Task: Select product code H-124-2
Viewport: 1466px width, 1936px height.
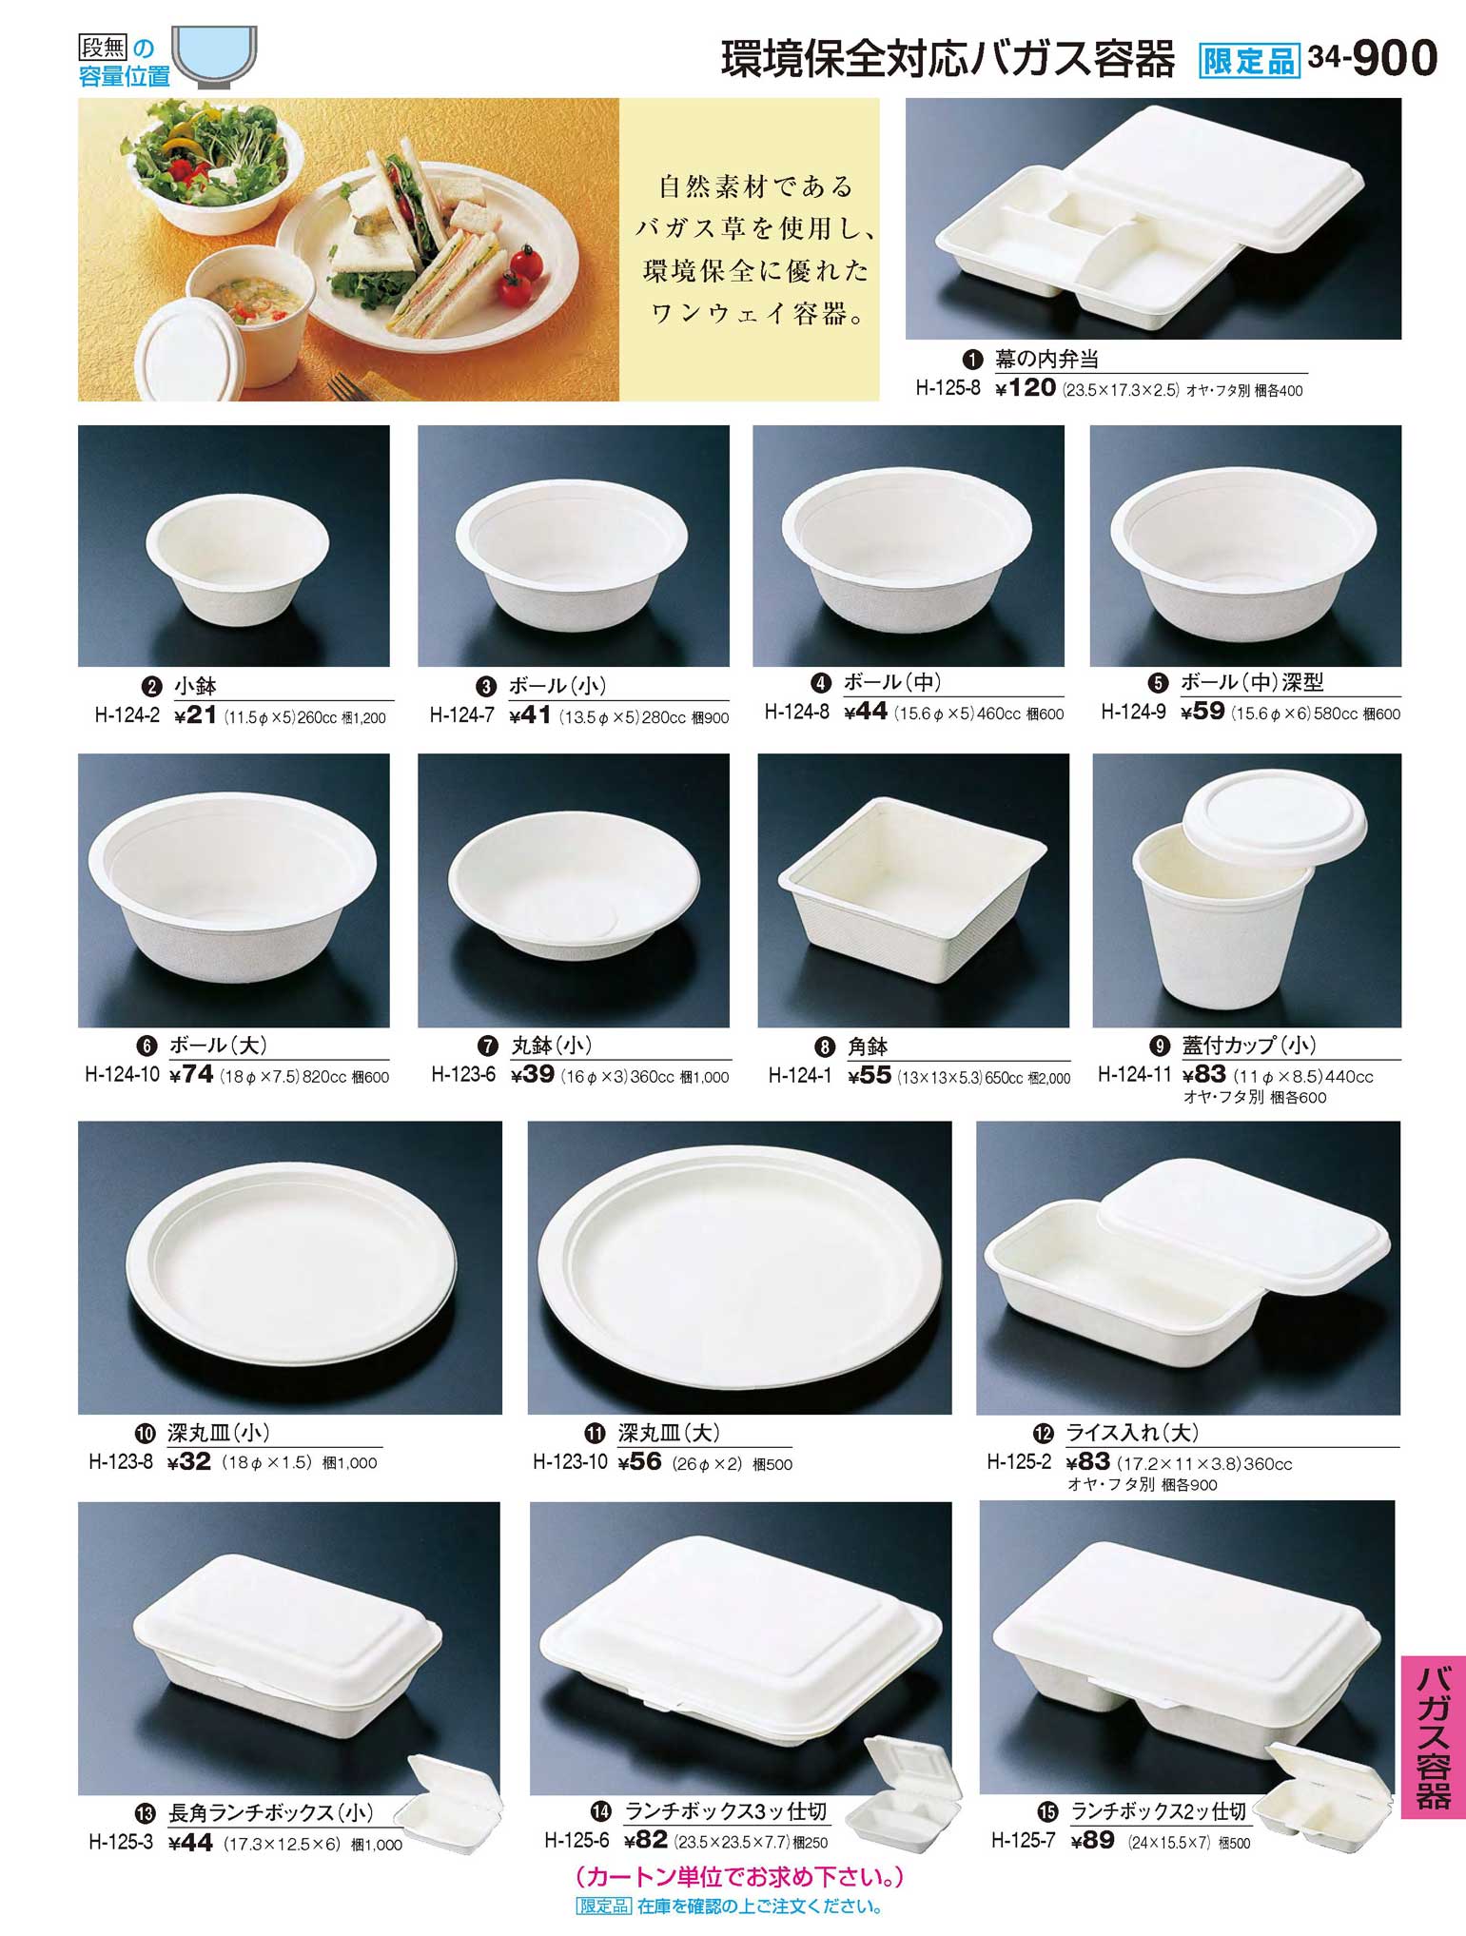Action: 127,715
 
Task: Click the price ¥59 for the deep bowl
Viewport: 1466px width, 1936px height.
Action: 1202,712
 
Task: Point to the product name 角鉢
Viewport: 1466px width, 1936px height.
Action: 867,1046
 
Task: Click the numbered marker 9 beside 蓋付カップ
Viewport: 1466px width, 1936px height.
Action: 1160,1046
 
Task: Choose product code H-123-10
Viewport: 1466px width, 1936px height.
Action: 570,1461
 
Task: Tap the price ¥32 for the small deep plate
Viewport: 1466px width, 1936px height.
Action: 188,1461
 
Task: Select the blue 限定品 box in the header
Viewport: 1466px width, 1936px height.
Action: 1249,61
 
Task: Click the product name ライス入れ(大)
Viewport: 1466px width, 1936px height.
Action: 1132,1433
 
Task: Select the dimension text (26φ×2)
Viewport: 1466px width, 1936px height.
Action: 707,1463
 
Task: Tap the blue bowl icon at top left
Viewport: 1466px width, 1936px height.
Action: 215,57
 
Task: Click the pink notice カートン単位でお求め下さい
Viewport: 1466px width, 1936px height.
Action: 739,1877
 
